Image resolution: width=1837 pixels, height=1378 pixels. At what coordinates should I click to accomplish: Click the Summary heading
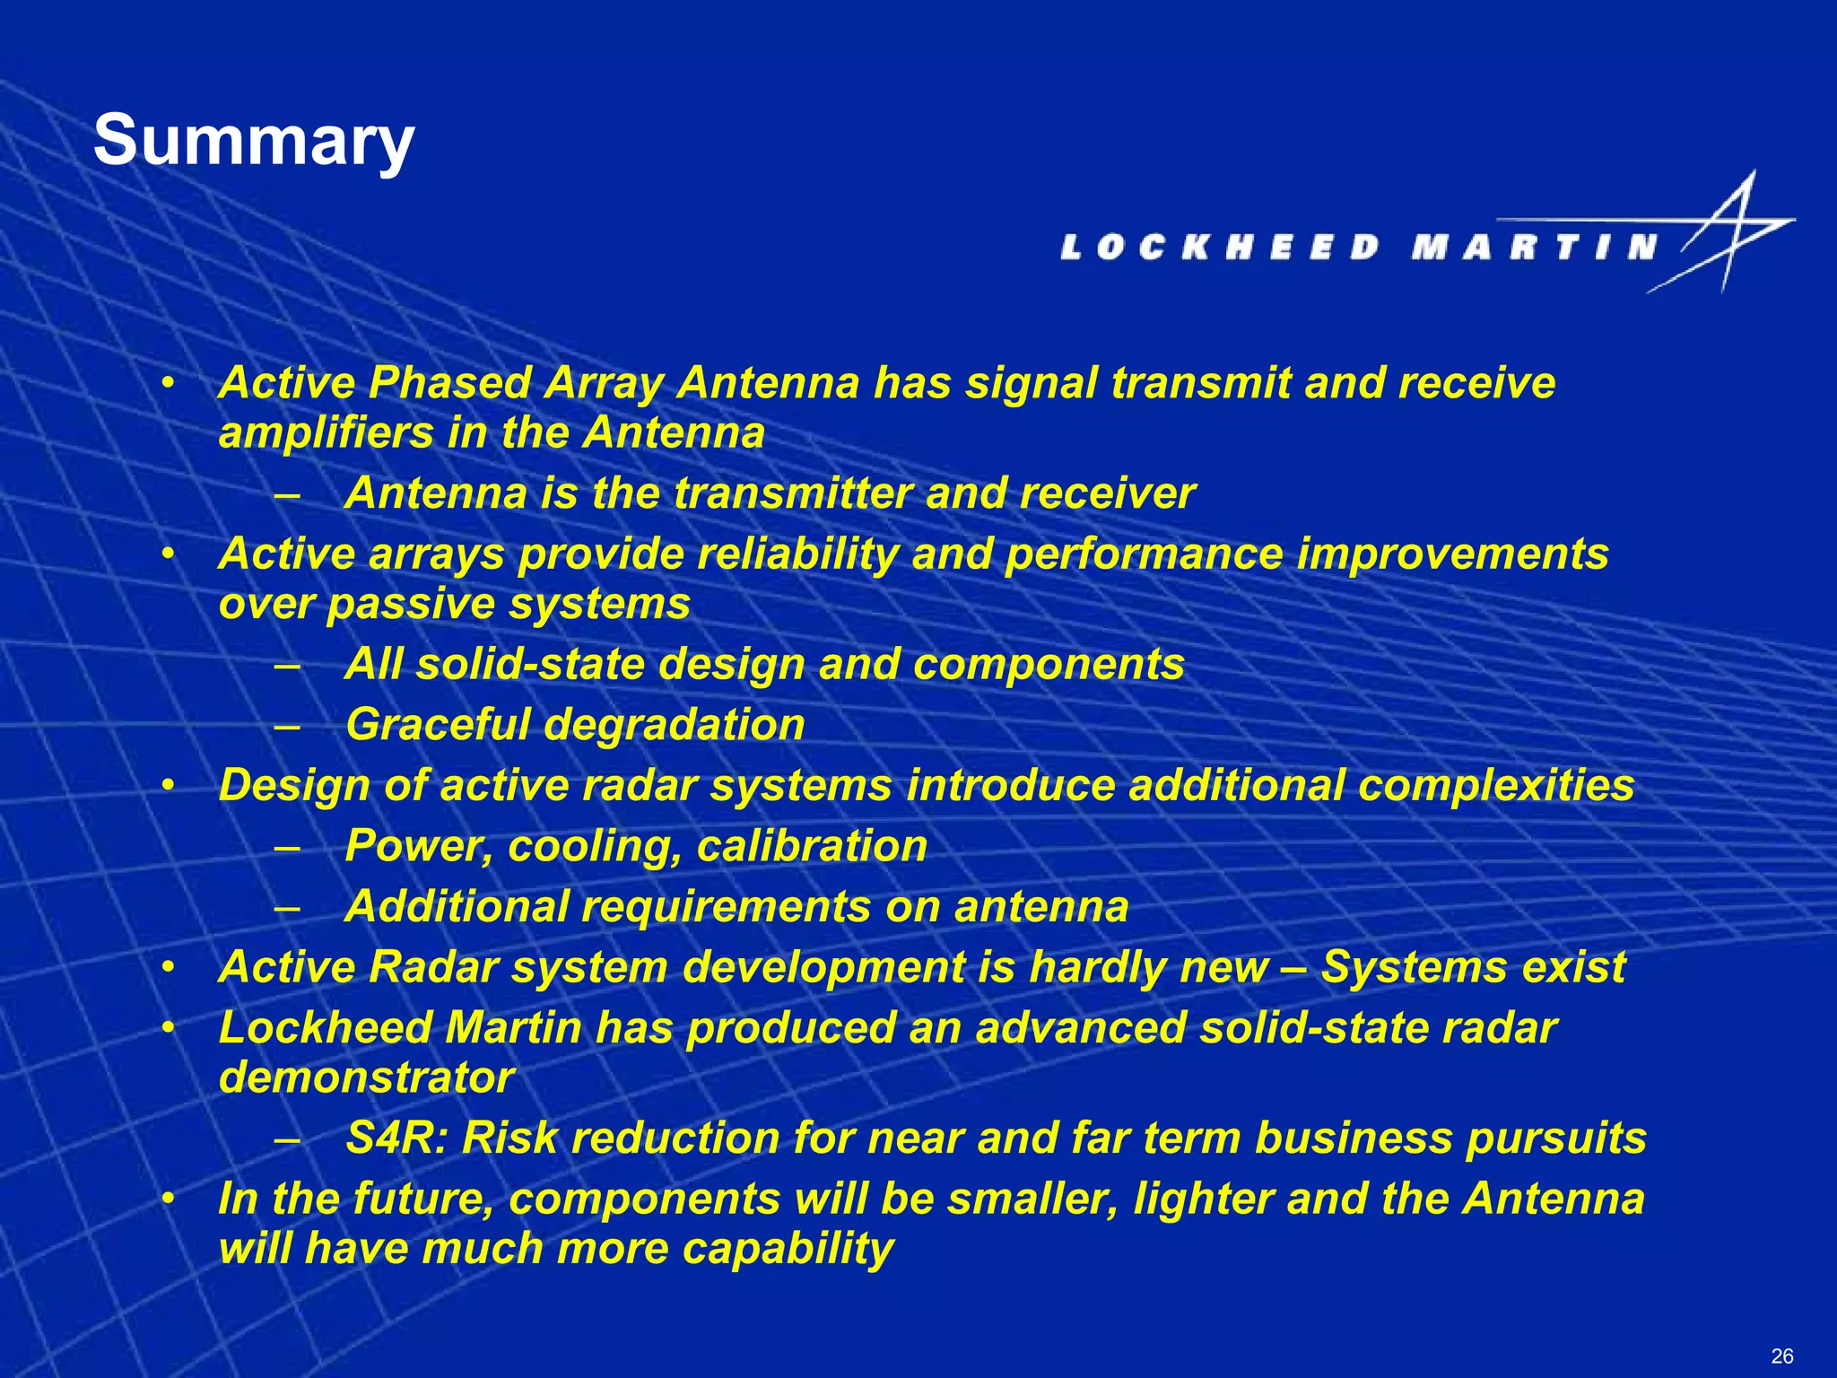pyautogui.click(x=254, y=141)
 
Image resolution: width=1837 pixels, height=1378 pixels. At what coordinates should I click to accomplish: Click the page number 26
pyautogui.click(x=1782, y=1356)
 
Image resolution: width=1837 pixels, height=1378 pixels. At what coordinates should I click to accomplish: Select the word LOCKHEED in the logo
pyautogui.click(x=1220, y=247)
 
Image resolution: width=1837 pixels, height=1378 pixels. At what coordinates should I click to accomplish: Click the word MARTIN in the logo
pyautogui.click(x=1534, y=247)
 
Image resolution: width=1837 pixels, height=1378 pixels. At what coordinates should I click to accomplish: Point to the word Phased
pyautogui.click(x=450, y=383)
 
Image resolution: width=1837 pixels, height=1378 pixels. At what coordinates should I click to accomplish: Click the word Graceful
pyautogui.click(x=438, y=725)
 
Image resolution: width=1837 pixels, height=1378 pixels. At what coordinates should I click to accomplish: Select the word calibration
pyautogui.click(x=812, y=846)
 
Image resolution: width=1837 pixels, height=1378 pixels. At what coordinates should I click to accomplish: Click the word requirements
pyautogui.click(x=726, y=906)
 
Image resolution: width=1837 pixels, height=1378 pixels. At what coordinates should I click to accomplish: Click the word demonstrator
pyautogui.click(x=367, y=1077)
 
